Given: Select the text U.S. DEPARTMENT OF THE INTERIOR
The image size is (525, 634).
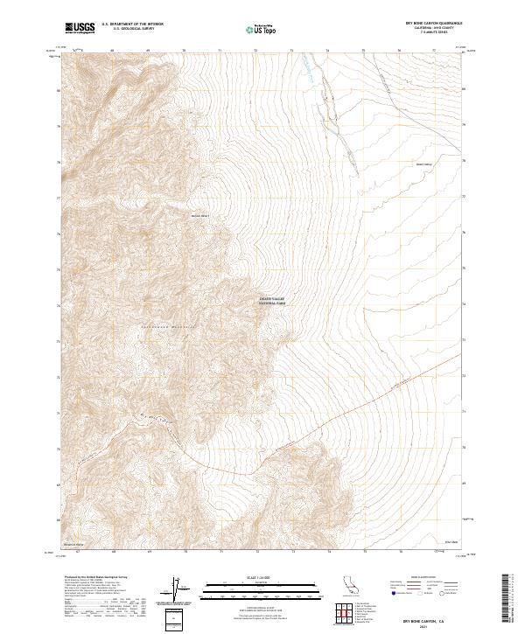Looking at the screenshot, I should click(x=132, y=25).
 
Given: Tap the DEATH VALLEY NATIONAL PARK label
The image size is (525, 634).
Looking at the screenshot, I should click(x=273, y=300).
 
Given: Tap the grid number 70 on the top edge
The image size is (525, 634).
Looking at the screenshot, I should click(x=184, y=51).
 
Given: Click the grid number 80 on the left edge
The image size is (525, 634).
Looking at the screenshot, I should click(x=59, y=90).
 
